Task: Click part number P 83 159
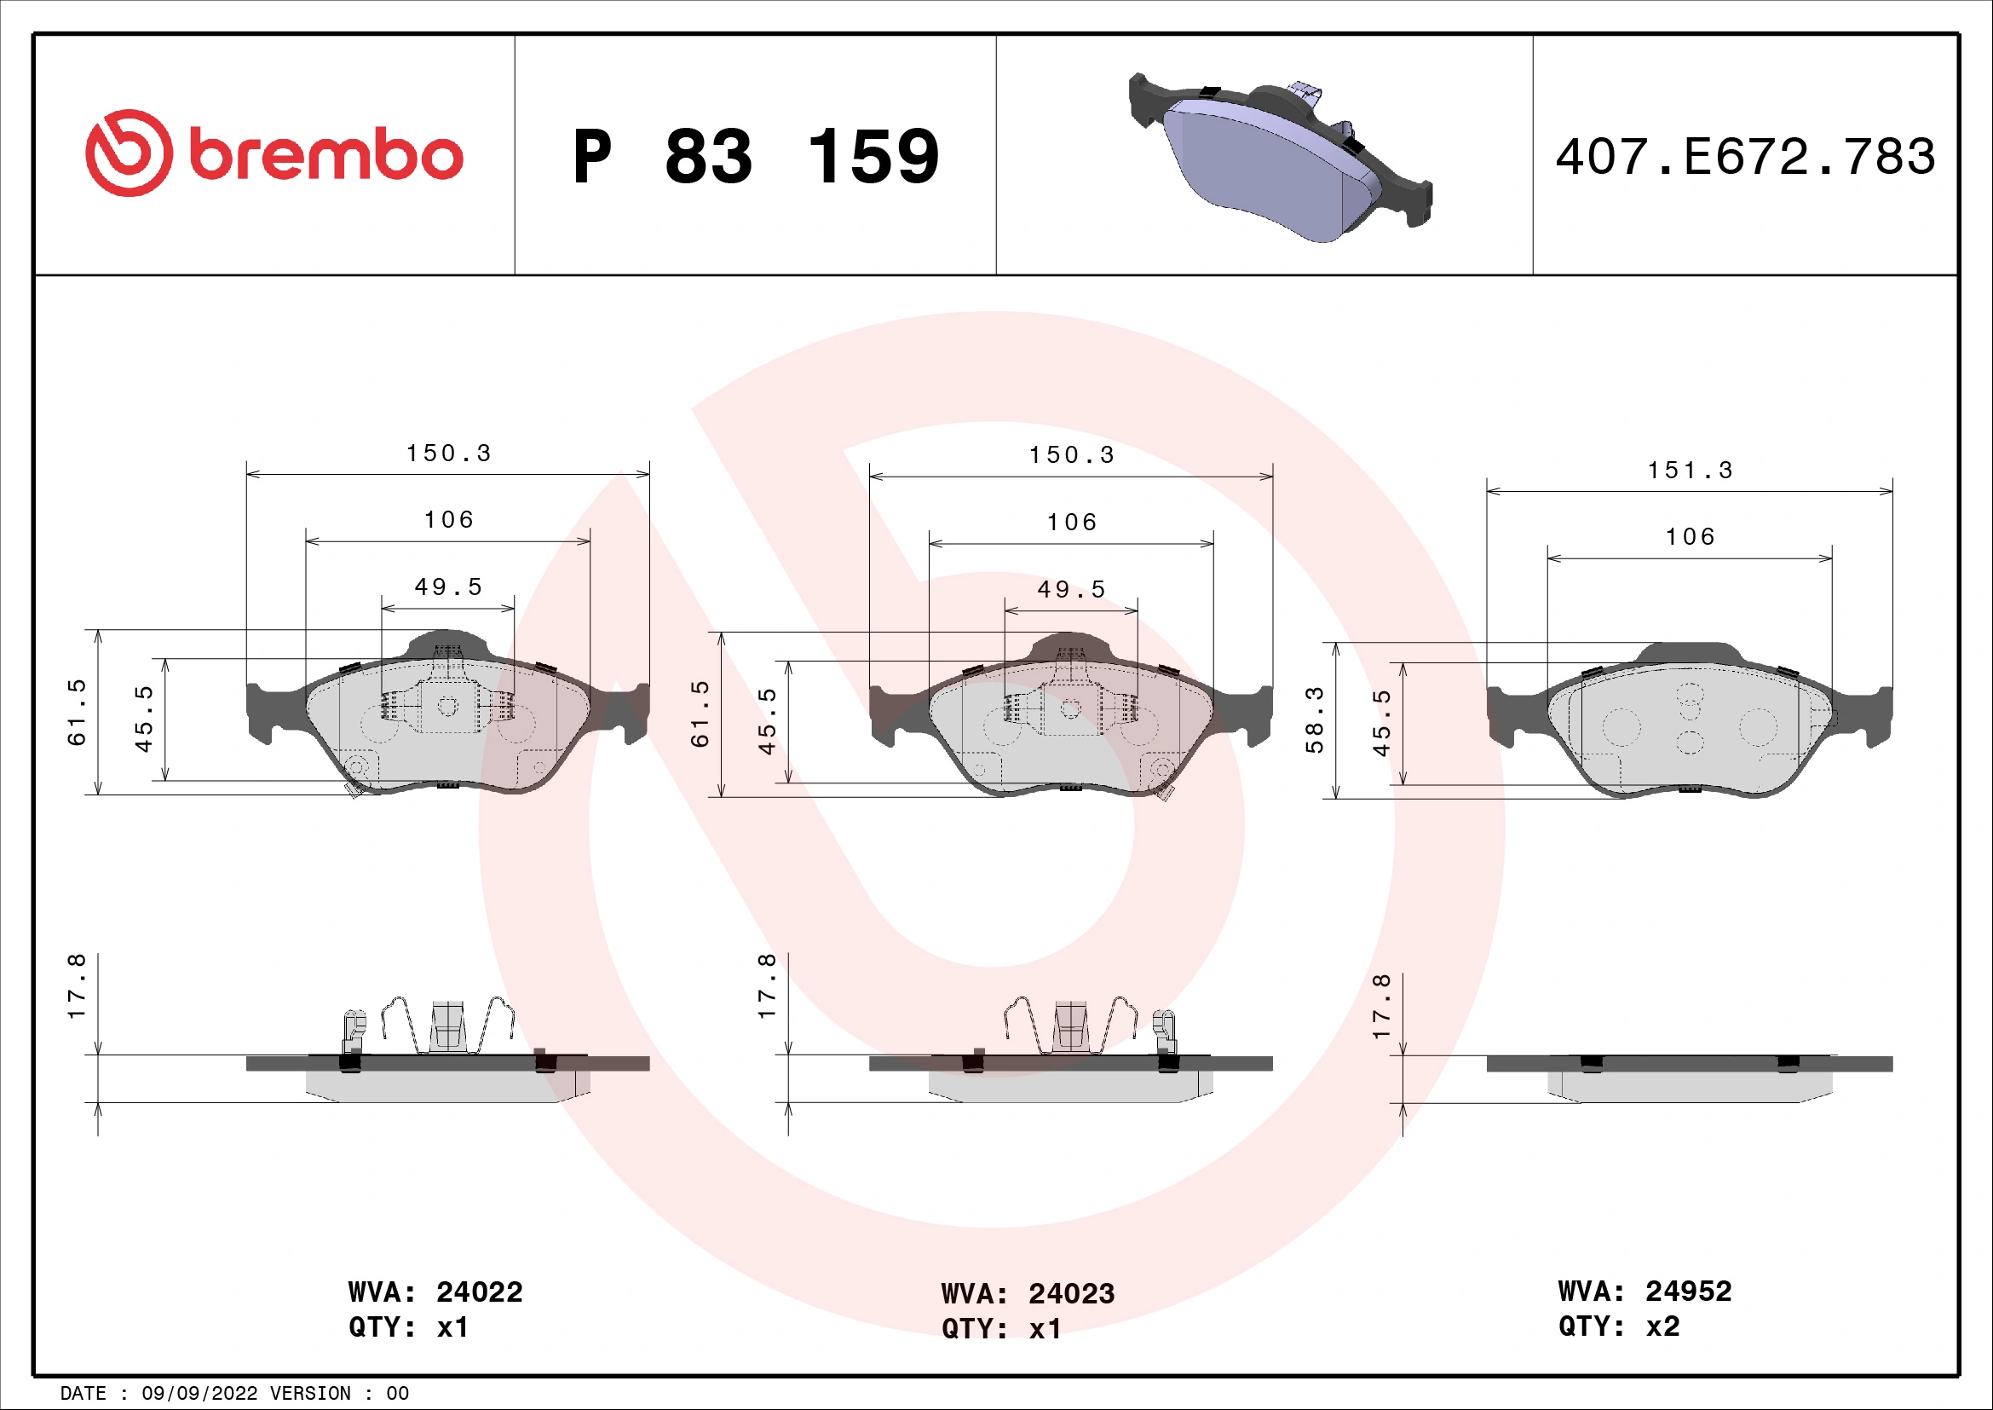[x=755, y=157]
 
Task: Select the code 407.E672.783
[x=1745, y=157]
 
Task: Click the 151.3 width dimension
[x=1689, y=471]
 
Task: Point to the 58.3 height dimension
[x=1314, y=719]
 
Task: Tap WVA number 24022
[x=479, y=1292]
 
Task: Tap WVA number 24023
[x=1071, y=1294]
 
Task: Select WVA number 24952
[x=1687, y=1291]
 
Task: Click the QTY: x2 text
[x=1619, y=1326]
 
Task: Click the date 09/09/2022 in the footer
[x=199, y=1394]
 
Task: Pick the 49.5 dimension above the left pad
[x=448, y=587]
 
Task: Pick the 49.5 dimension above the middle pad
[x=1071, y=590]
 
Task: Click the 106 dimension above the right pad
[x=1689, y=536]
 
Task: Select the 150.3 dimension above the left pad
[x=448, y=454]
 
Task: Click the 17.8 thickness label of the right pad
[x=1380, y=1006]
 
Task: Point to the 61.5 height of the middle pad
[x=700, y=714]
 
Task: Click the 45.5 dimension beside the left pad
[x=143, y=719]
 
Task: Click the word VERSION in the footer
[x=311, y=1394]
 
